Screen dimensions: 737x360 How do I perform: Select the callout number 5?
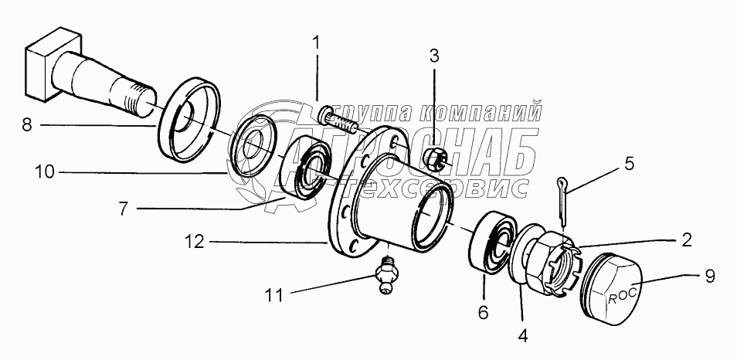pos(629,163)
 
